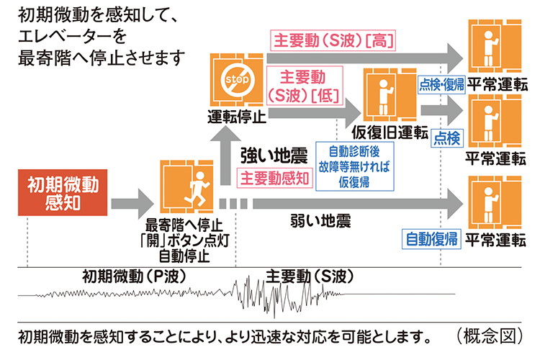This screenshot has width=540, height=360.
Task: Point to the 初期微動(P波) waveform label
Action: tap(125, 275)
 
